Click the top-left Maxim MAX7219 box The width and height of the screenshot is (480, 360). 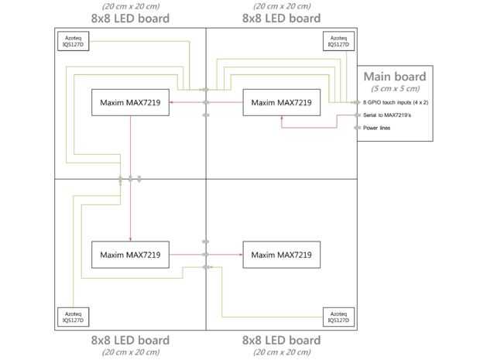(x=130, y=102)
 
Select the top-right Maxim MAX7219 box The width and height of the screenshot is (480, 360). (x=282, y=102)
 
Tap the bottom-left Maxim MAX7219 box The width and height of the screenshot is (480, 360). (x=130, y=255)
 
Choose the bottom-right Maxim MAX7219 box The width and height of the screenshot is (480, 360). (x=282, y=255)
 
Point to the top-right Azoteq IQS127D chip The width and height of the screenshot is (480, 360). (x=338, y=41)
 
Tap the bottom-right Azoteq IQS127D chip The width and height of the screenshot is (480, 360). (x=338, y=317)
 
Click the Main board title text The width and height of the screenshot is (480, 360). (x=395, y=77)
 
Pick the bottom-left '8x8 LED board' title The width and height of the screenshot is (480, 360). (x=130, y=341)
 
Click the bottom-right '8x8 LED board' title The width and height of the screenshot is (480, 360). (x=282, y=341)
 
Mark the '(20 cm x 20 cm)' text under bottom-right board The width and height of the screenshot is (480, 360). (x=282, y=352)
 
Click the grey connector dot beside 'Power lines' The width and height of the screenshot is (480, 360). (x=358, y=128)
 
